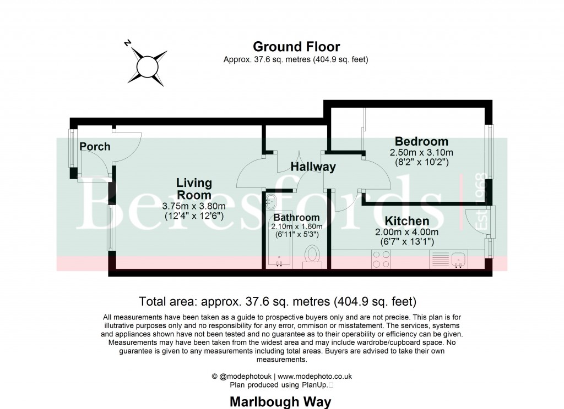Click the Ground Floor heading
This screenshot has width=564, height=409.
point(296,47)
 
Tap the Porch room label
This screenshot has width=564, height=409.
point(95,147)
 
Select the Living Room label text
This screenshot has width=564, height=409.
point(193,189)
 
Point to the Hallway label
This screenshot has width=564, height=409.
point(313,167)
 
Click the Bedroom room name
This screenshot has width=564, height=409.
point(421,141)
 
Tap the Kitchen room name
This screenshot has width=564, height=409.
point(406,221)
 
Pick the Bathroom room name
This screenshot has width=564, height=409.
point(296,218)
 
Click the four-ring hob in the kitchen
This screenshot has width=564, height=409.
point(381,259)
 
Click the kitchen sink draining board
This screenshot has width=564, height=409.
point(440,259)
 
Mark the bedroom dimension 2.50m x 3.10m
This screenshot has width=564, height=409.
point(421,152)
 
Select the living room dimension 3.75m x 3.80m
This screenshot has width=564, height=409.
point(193,206)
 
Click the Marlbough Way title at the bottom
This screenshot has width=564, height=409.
point(280,402)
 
